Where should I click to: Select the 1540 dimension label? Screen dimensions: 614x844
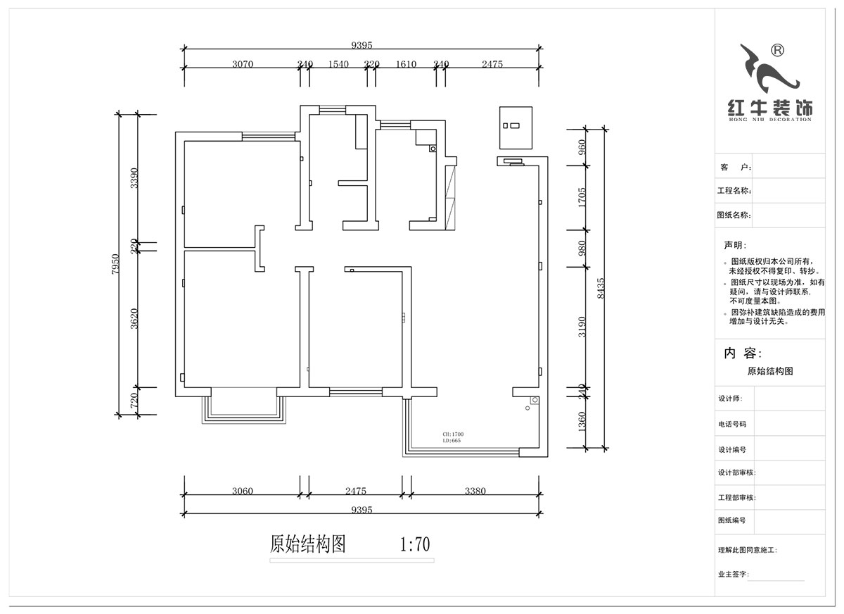pyautogui.click(x=338, y=64)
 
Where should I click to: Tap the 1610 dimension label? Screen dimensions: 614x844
pyautogui.click(x=406, y=64)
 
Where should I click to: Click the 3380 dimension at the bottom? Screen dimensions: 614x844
pyautogui.click(x=475, y=491)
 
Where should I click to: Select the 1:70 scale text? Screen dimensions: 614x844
pyautogui.click(x=414, y=544)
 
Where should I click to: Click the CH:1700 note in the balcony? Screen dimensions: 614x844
pyautogui.click(x=453, y=434)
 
